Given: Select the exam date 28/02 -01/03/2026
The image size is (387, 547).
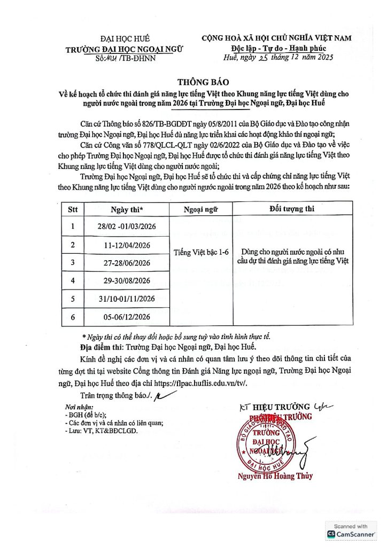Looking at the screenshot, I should pos(127,228).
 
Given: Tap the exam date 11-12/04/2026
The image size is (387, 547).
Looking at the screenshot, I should pos(127,245).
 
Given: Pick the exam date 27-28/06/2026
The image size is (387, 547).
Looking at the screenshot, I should pos(127,263).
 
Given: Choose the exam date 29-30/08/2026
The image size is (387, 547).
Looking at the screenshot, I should pos(127,281).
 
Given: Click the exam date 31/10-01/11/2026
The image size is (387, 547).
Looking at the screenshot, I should pos(127,299).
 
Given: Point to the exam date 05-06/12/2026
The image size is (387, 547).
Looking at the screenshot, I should pos(127,316).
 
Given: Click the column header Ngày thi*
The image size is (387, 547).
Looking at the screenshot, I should pos(127,209).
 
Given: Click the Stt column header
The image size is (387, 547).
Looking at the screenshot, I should pos(73,209).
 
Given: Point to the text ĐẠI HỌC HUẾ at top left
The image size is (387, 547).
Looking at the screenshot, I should pos(125,38).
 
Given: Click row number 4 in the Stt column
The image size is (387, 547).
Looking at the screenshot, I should pos(73,281).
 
